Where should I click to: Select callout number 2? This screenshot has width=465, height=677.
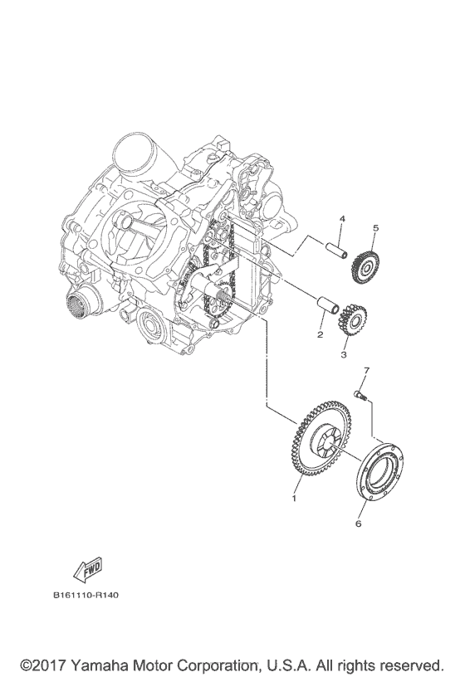coord(318,335)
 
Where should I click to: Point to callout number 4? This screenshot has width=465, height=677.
coord(341,218)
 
